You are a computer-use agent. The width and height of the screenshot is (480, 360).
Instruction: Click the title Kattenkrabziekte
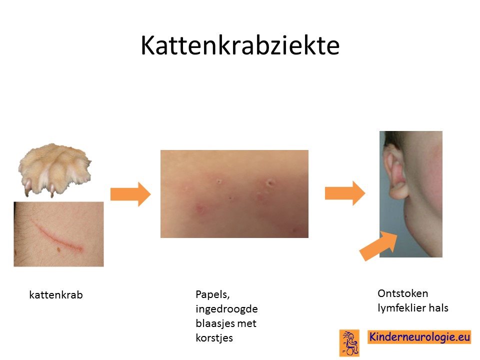[240, 45]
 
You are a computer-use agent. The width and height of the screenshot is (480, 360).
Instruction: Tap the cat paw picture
[55, 169]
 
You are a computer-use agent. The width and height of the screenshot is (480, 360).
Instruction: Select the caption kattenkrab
[56, 295]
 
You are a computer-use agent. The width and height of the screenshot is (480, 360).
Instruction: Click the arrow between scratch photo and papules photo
[130, 194]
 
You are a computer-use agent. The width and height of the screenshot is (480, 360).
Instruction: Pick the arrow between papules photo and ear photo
[345, 193]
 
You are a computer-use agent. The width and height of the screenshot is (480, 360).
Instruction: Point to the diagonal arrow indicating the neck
[378, 246]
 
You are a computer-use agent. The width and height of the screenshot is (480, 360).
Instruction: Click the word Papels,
[212, 294]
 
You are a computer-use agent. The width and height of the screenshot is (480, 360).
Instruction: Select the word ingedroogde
[226, 309]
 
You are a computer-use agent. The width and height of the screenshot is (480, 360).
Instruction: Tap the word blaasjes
[214, 323]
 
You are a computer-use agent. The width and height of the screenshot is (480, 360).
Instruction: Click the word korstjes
[214, 338]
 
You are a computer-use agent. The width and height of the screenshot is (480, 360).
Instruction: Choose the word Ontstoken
[403, 293]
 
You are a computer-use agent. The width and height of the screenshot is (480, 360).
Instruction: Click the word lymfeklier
[401, 308]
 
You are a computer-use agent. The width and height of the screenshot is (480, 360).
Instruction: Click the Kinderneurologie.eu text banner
[419, 337]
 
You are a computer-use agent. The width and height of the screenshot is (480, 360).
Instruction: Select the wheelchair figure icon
[349, 343]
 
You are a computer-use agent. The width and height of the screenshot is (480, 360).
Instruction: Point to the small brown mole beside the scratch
[59, 250]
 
